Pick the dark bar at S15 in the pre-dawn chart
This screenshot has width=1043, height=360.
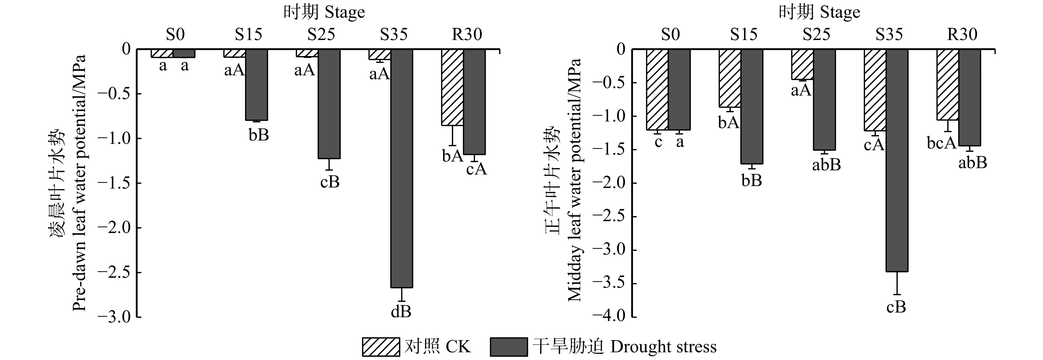click(x=256, y=85)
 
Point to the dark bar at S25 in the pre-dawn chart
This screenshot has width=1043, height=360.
click(x=329, y=104)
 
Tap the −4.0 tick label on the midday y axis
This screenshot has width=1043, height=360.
click(x=609, y=317)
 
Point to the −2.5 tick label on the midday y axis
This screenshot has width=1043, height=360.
click(x=609, y=216)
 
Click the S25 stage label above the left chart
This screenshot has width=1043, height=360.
click(x=321, y=35)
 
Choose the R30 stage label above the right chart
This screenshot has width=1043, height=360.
click(x=962, y=35)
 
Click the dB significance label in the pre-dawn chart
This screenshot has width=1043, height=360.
click(x=401, y=312)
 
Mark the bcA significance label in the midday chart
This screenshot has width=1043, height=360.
click(x=942, y=143)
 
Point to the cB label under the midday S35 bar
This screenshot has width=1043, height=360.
click(x=896, y=307)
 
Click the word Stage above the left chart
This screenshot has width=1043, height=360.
click(x=345, y=12)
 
